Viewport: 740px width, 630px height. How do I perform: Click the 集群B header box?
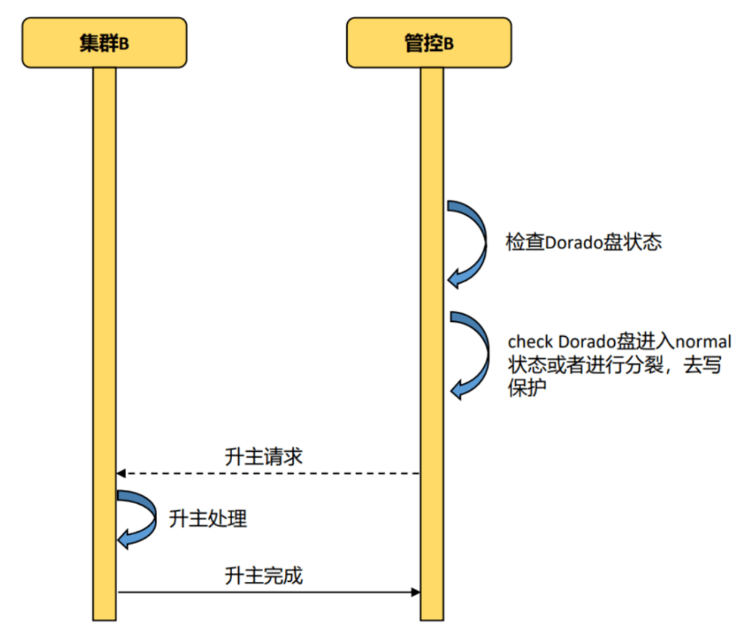[x=104, y=43]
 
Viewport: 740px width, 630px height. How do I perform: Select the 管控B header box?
[x=429, y=43]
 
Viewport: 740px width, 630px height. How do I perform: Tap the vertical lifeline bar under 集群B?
[x=104, y=295]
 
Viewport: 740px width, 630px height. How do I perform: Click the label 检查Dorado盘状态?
[x=583, y=242]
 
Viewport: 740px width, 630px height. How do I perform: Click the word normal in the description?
[x=703, y=342]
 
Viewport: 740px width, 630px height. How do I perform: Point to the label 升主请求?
[x=263, y=456]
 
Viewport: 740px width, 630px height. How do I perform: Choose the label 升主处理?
[x=208, y=519]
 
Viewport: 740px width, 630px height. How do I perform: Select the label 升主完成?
[x=263, y=575]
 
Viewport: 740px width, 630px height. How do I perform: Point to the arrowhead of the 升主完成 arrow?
[x=416, y=592]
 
